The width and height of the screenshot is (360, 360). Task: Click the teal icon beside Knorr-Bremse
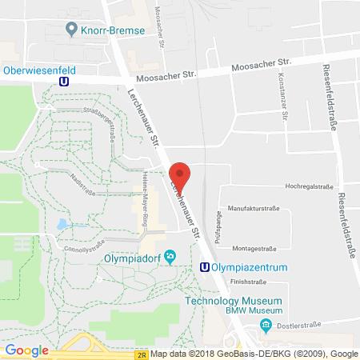(71, 31)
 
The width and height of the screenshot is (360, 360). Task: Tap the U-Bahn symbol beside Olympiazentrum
(205, 268)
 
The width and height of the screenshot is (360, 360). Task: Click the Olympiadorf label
(134, 258)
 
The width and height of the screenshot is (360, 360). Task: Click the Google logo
(27, 350)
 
